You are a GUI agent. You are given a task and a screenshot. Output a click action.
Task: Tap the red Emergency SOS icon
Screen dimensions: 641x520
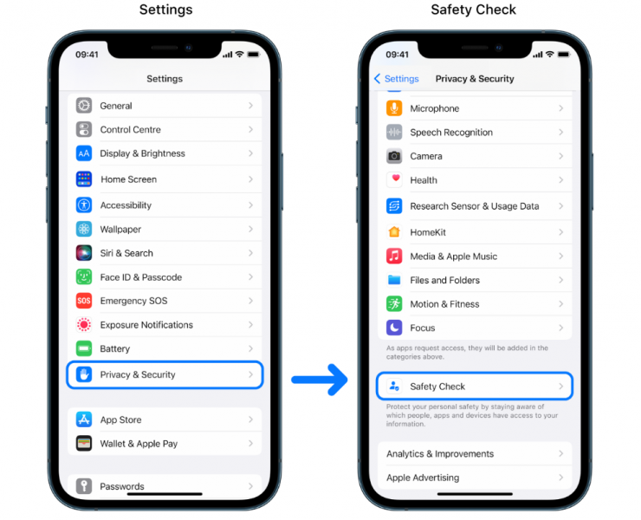[x=84, y=301]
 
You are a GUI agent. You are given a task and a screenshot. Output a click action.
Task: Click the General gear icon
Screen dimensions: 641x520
[x=84, y=106]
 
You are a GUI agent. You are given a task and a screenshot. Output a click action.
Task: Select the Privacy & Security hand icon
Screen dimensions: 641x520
[x=84, y=374]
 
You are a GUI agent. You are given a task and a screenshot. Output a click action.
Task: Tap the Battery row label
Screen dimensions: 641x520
[x=115, y=348]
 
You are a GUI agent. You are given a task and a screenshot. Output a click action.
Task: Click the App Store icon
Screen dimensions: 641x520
[x=84, y=419]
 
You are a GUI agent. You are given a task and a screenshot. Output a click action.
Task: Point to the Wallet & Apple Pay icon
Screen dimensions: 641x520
[x=84, y=444]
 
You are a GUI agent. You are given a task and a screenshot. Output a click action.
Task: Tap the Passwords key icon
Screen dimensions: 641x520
[x=84, y=485]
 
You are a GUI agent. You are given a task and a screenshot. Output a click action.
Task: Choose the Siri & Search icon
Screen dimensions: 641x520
[x=84, y=253]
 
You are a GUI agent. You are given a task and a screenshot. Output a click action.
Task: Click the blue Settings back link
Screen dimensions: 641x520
[x=397, y=79]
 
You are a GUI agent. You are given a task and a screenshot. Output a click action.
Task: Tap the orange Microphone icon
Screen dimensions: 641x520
[x=394, y=108]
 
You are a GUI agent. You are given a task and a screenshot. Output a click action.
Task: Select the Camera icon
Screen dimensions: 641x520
[x=394, y=156]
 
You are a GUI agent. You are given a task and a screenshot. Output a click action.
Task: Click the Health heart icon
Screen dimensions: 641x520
[x=394, y=179]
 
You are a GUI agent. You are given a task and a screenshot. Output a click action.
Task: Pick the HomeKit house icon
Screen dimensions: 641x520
[x=394, y=232]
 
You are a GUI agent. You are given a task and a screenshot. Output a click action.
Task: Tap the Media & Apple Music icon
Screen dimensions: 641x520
[x=394, y=257]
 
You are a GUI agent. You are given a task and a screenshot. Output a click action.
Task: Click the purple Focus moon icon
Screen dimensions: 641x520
[x=394, y=328]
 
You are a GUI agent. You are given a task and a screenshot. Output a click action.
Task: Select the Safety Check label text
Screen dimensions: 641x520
[x=437, y=387]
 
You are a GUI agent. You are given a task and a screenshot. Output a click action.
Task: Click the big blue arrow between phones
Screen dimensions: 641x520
[x=320, y=380]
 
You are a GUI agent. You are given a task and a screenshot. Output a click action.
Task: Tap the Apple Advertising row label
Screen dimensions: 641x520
[x=423, y=478]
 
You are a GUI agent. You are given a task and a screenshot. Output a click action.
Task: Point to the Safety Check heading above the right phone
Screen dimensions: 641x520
[x=474, y=10]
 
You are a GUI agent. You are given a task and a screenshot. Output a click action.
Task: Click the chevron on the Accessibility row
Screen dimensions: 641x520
[x=250, y=205]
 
